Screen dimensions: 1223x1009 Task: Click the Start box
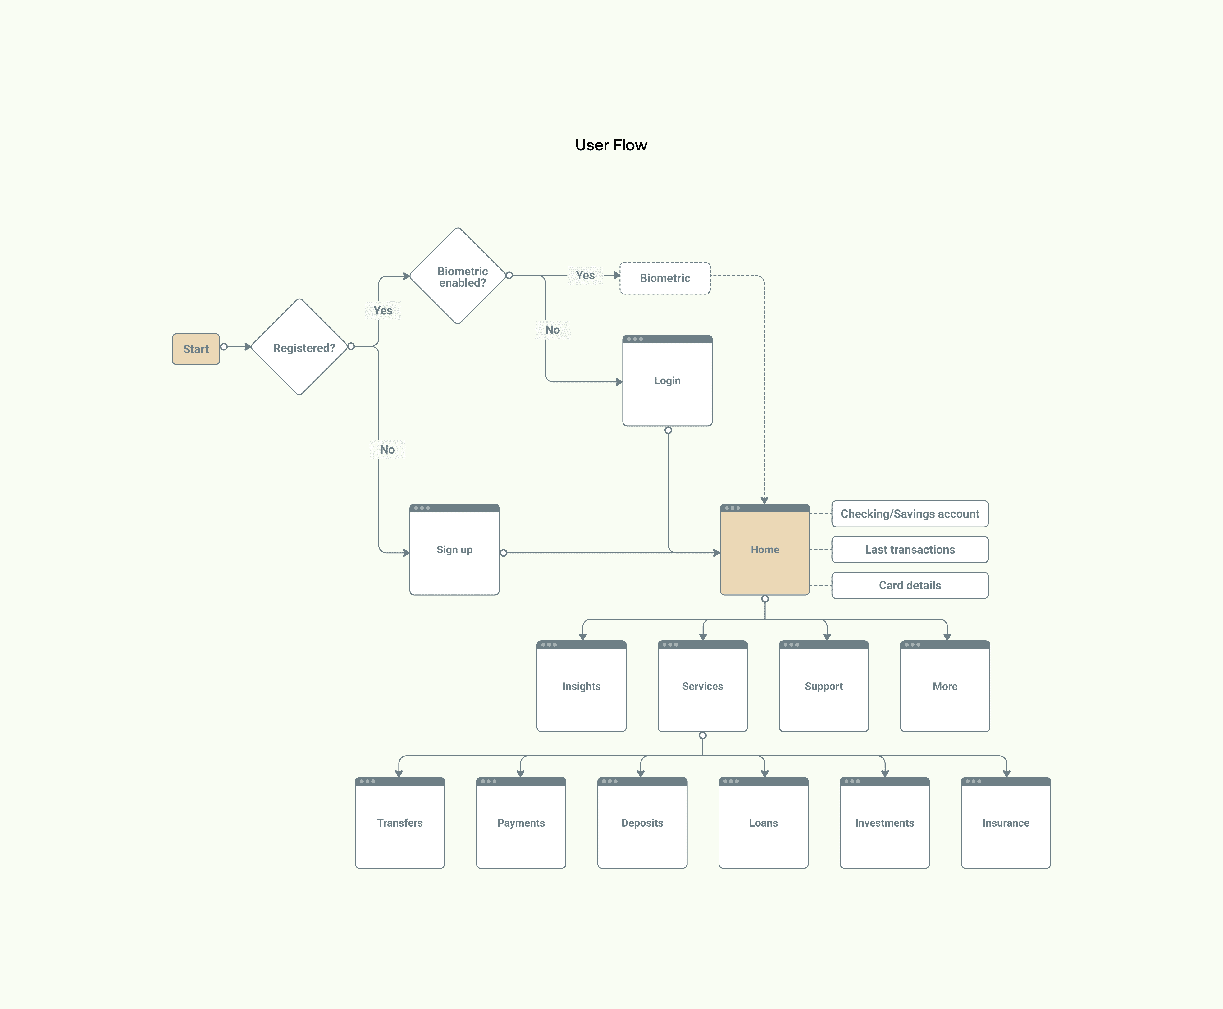point(196,349)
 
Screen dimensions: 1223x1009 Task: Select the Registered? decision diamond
point(299,347)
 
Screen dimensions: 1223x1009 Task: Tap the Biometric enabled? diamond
point(458,276)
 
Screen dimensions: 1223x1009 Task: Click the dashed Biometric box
point(665,278)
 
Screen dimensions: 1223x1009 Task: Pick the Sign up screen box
point(454,549)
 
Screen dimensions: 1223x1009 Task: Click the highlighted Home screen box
point(765,549)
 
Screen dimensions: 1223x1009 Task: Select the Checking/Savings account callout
point(910,514)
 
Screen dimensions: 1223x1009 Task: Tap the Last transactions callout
point(910,549)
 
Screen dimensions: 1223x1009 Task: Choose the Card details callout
point(910,585)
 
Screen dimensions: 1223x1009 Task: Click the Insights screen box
point(581,686)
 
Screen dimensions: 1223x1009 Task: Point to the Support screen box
point(824,686)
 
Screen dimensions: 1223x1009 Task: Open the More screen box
point(945,686)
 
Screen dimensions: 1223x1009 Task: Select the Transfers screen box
point(400,822)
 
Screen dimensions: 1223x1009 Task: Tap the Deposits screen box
point(642,822)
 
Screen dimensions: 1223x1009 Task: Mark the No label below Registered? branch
point(387,449)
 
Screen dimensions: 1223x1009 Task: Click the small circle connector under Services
point(703,735)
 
